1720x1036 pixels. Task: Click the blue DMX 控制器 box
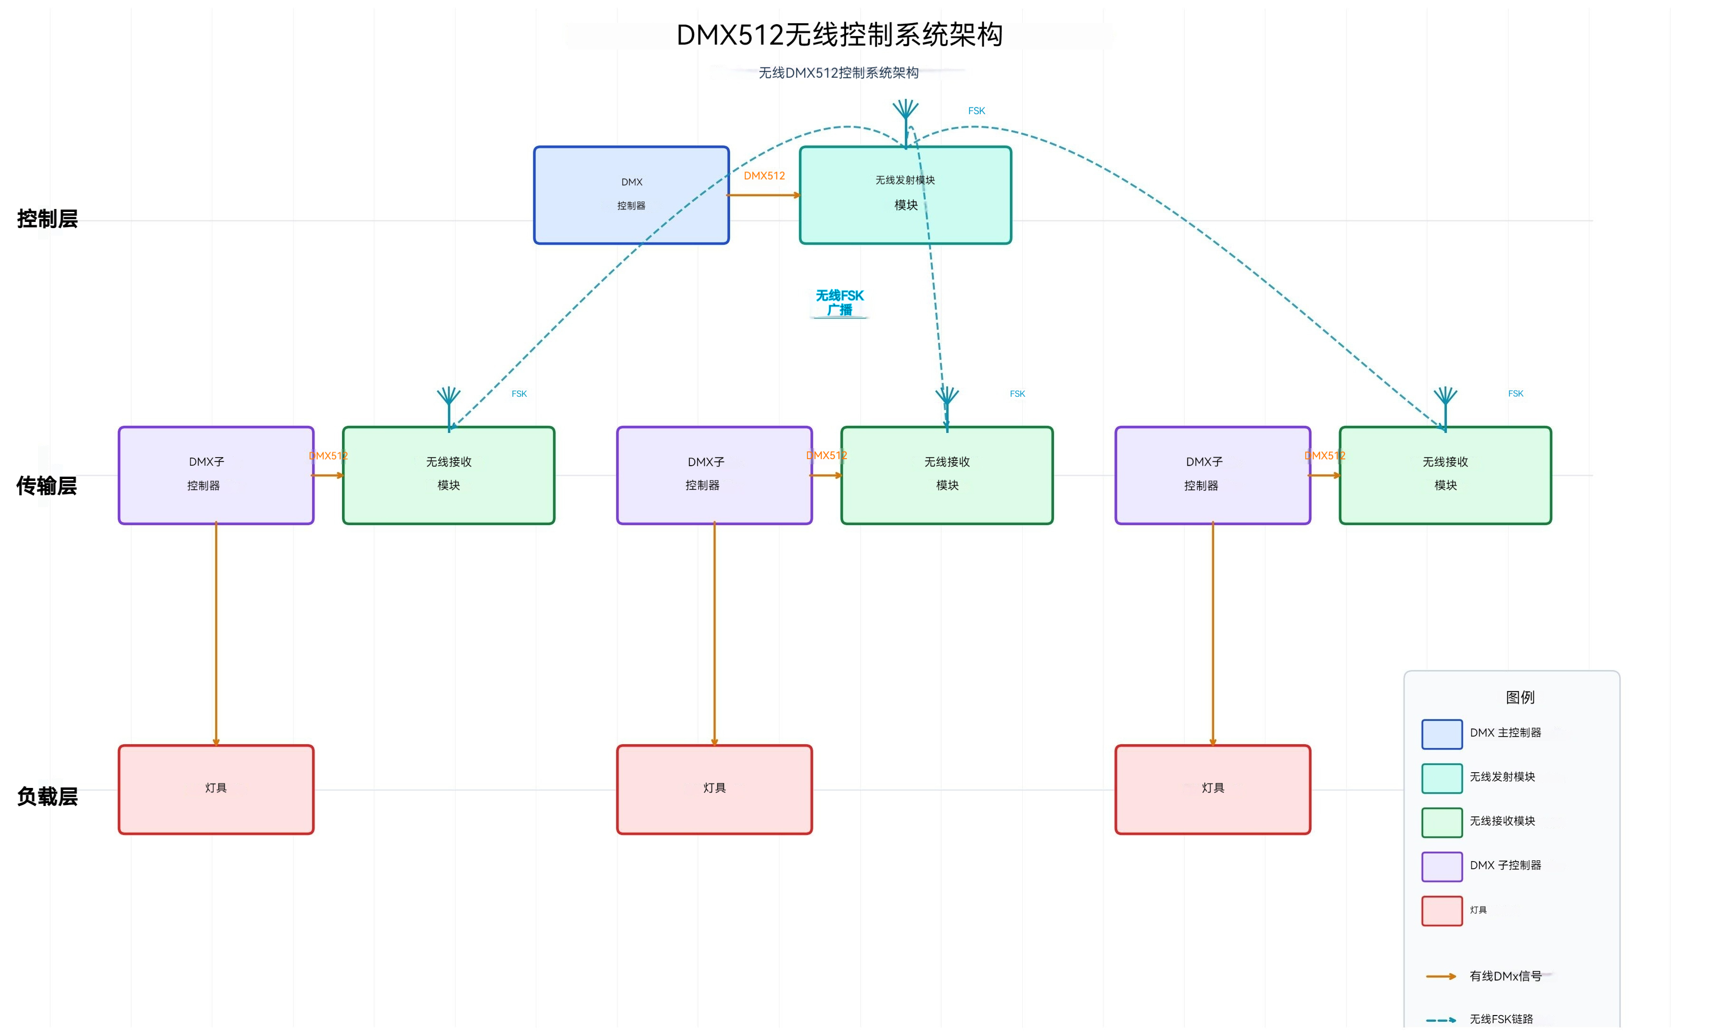631,195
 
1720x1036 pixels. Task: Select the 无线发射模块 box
904,195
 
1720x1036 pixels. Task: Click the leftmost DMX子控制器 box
216,475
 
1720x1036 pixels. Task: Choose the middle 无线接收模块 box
946,475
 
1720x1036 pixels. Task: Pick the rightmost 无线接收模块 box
1444,475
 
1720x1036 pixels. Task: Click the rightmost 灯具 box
1212,789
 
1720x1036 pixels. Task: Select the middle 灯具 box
714,789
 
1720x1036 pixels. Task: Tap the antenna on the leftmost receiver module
449,402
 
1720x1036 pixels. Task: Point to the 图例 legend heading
1519,697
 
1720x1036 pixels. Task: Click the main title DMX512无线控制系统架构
839,35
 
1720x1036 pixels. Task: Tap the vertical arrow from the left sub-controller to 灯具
216,632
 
